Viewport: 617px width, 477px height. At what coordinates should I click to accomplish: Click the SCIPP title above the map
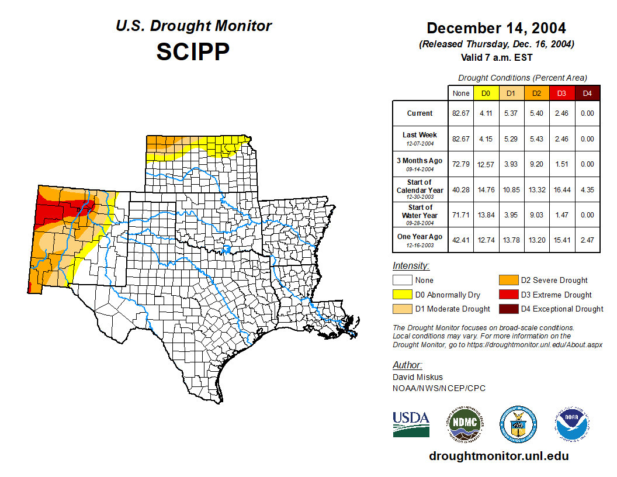pos(193,52)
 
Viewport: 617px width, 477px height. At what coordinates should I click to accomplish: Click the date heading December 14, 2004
pos(496,27)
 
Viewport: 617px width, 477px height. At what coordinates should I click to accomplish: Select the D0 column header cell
pos(486,93)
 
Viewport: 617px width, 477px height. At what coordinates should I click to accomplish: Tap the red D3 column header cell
pos(561,93)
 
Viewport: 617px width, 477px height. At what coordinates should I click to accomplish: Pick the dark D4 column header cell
pos(587,93)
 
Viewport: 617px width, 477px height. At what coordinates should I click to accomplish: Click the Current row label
pos(420,113)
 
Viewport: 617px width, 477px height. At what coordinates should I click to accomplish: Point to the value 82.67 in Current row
pos(461,113)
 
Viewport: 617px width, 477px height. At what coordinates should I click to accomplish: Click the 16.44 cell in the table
pos(561,189)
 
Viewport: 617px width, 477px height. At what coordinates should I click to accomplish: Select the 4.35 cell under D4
pos(587,189)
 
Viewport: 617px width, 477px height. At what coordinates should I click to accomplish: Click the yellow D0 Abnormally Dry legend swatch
pos(403,295)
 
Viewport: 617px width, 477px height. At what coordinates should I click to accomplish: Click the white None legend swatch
pos(403,281)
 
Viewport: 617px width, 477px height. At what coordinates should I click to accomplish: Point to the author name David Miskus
pos(417,377)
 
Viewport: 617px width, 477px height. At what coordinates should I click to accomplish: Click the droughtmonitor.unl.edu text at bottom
pos(498,456)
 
